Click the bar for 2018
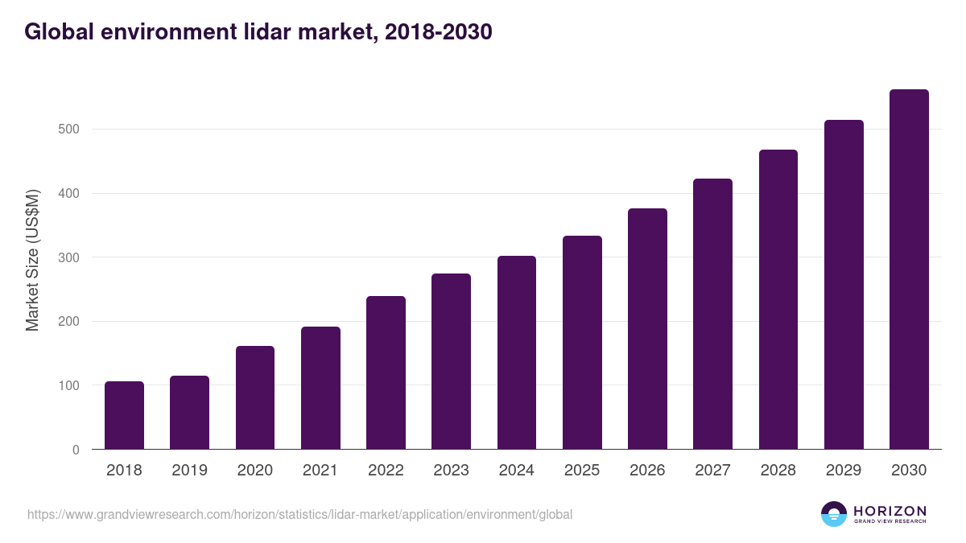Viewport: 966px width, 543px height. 124,415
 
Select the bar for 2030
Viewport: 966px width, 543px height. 909,269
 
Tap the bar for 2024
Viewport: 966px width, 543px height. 516,352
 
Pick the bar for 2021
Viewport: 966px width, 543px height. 320,388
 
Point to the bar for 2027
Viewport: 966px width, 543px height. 712,314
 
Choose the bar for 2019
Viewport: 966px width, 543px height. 189,413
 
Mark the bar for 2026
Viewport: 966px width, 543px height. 647,329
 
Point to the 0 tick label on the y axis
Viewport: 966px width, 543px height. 76,450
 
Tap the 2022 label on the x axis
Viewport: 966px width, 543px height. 386,471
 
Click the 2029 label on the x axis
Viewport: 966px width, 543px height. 844,471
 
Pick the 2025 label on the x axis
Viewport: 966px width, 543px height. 582,471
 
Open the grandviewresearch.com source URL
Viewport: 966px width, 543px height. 299,514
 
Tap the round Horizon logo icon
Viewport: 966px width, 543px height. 834,514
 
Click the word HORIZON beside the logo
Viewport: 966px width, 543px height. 890,510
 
